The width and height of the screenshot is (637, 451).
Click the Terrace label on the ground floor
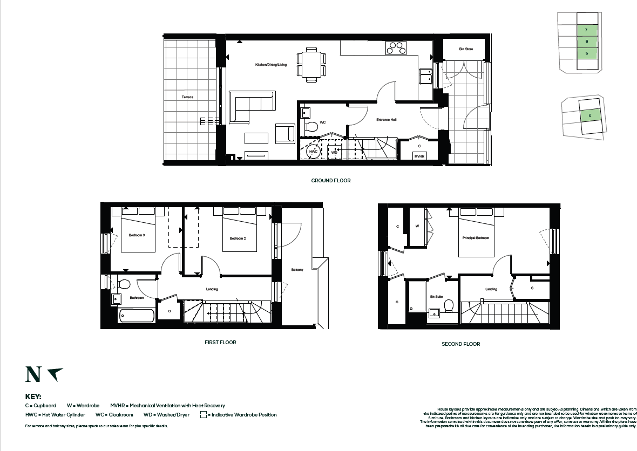point(187,97)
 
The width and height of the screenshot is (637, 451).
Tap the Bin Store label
point(465,49)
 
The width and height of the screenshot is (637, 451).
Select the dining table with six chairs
point(311,64)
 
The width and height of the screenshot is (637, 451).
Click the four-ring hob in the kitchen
point(396,49)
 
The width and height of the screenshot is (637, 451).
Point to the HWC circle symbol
point(314,152)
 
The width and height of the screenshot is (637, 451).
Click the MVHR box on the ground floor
point(419,156)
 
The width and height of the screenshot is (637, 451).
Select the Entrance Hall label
point(387,120)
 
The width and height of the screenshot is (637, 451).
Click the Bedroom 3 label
point(137,236)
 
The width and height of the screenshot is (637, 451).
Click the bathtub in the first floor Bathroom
point(137,315)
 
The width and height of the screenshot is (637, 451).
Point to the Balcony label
point(297,270)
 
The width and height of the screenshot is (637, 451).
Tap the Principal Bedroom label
point(476,238)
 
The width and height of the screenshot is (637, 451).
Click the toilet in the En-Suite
point(448,306)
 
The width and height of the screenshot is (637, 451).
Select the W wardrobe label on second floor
point(417,227)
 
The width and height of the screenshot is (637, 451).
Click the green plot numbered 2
point(591,115)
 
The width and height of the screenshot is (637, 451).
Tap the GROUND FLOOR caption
point(330,181)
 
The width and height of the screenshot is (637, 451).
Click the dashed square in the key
point(204,415)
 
